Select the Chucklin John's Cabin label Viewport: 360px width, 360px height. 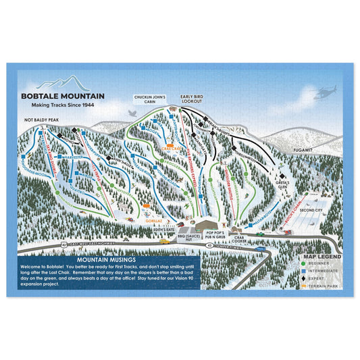(150, 99)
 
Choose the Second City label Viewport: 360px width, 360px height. (312, 210)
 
